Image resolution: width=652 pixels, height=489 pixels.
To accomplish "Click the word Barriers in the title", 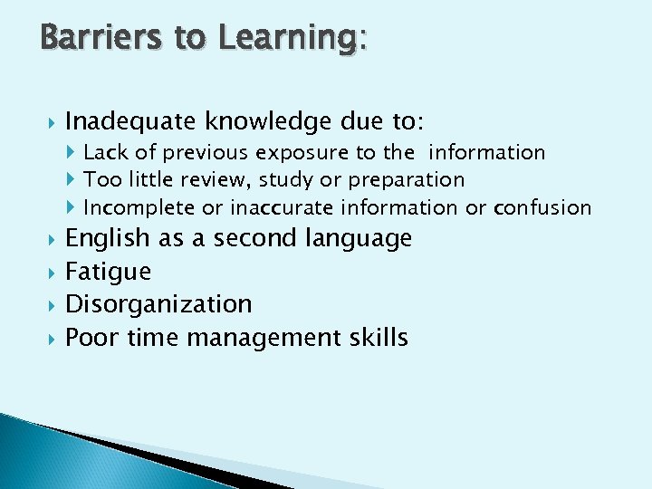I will click(x=87, y=38).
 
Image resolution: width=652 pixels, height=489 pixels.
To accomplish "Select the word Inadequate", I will click(x=132, y=121).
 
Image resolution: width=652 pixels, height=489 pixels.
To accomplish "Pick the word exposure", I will click(x=296, y=153).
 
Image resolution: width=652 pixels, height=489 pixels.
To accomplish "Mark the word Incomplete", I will click(x=139, y=208).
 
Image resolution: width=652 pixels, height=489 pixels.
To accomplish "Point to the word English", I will click(x=108, y=239).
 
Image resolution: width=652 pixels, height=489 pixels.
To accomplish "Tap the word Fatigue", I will click(x=109, y=272).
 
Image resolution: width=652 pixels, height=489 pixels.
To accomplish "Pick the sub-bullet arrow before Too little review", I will click(x=73, y=180).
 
